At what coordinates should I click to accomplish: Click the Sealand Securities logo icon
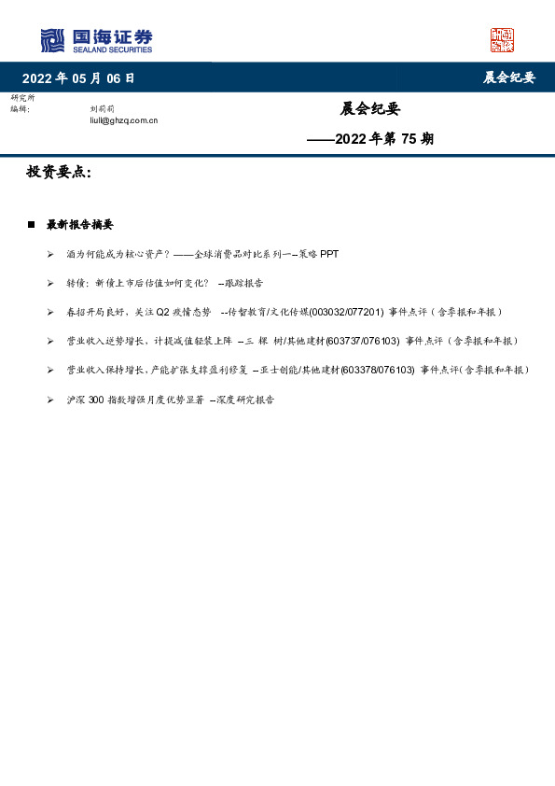pyautogui.click(x=52, y=40)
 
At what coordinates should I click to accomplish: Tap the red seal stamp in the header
pyautogui.click(x=502, y=40)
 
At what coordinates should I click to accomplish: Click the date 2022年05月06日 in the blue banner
pyautogui.click(x=78, y=78)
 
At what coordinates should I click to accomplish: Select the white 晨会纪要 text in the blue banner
pyautogui.click(x=509, y=78)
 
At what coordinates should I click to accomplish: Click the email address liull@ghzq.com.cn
pyautogui.click(x=123, y=119)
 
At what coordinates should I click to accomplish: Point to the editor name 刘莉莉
pyautogui.click(x=103, y=109)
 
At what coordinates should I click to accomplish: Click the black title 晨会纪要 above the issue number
pyautogui.click(x=370, y=109)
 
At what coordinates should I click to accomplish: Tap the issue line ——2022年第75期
pyautogui.click(x=370, y=140)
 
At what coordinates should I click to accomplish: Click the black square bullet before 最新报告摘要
pyautogui.click(x=31, y=225)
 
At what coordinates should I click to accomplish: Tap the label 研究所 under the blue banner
pyautogui.click(x=21, y=98)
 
